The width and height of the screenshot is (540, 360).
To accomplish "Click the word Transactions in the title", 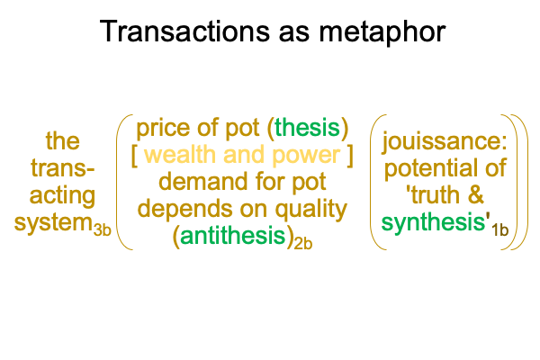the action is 184,31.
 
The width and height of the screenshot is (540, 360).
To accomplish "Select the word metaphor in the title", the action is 382,31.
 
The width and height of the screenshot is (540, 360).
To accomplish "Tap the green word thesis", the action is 307,128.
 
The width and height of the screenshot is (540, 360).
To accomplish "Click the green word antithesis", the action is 233,236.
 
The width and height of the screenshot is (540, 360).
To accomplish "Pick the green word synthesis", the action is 434,222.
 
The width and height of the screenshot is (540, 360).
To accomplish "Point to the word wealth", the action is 179,154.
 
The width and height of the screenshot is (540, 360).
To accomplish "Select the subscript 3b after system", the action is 103,230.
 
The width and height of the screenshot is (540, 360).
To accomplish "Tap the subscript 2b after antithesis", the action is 303,243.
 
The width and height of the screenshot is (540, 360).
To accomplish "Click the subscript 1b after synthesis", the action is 499,230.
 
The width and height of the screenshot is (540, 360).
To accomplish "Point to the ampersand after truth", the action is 475,195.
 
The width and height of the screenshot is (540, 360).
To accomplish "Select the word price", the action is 164,129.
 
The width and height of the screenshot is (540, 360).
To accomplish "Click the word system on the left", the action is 53,223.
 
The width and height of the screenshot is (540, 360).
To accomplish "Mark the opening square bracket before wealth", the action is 135,156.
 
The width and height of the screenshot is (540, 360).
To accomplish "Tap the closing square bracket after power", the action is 350,156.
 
